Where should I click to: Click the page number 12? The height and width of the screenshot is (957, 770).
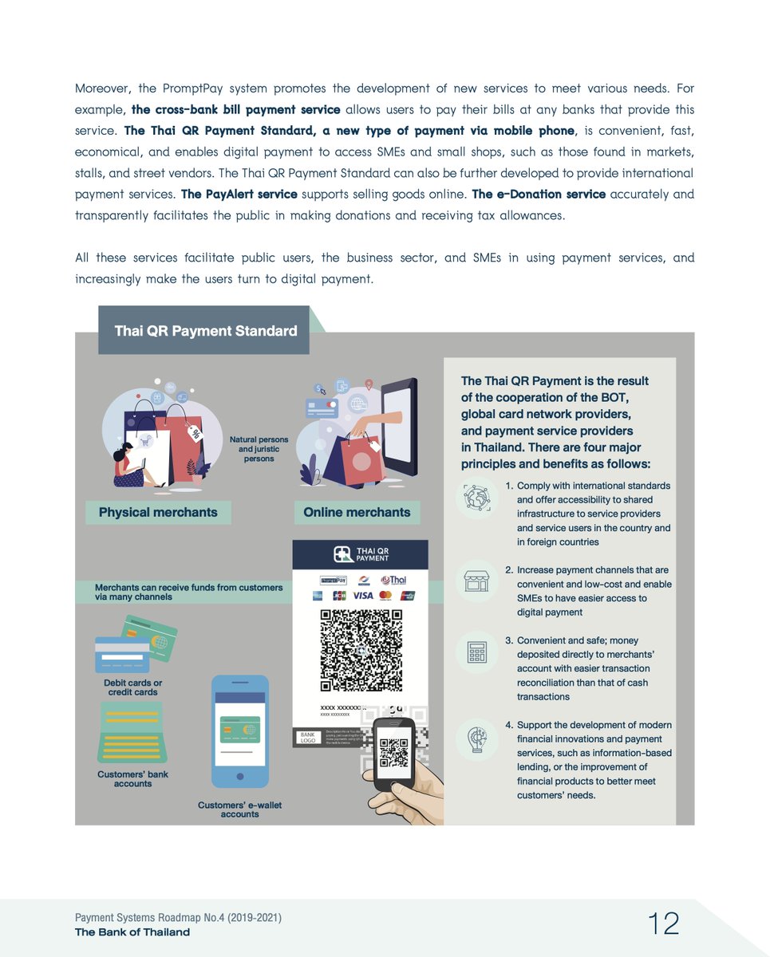pos(663,924)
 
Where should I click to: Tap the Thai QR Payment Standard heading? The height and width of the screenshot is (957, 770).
pos(205,331)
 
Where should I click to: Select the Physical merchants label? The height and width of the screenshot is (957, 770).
pos(158,512)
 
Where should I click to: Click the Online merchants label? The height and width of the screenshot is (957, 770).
pos(357,512)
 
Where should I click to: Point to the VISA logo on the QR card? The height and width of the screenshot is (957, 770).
pos(362,596)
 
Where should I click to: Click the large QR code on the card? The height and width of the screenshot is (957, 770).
pos(361,650)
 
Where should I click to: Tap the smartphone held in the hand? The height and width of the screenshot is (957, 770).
pos(394,753)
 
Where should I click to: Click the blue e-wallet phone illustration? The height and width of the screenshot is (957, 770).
pos(240,731)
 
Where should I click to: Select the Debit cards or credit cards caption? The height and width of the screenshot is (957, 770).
pos(132,687)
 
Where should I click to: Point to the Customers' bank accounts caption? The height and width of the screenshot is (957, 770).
pos(132,778)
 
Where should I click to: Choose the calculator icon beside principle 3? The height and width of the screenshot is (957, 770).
pos(477,652)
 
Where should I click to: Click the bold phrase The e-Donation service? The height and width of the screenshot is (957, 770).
pos(539,194)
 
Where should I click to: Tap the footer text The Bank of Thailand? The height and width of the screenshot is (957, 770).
pos(132,931)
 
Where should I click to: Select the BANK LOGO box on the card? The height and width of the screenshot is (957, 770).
pos(307,737)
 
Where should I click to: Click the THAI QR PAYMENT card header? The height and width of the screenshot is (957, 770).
pos(361,555)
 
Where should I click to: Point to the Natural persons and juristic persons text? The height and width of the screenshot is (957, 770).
pos(254,449)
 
